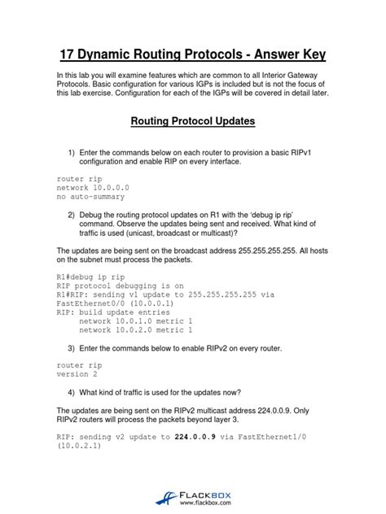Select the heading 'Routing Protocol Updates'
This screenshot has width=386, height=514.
(193, 122)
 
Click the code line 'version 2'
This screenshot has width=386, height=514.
(77, 375)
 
